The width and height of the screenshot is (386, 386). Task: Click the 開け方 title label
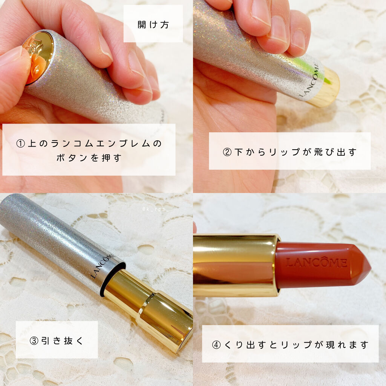[153, 25]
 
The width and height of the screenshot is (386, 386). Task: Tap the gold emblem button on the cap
[38, 57]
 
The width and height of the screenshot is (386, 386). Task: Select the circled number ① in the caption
[21, 144]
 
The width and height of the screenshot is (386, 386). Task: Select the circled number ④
[216, 345]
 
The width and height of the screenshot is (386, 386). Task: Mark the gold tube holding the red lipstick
[236, 265]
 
